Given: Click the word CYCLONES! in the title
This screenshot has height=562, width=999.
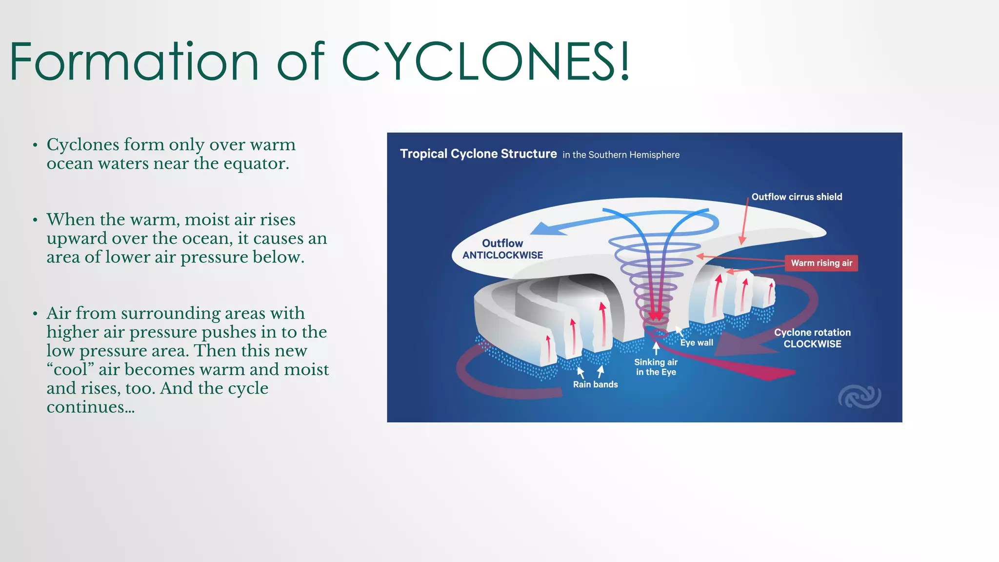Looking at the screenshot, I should pyautogui.click(x=485, y=61).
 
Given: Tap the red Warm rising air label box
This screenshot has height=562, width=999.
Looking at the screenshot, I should pyautogui.click(x=821, y=263).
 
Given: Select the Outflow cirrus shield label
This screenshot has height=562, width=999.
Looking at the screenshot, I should pyautogui.click(x=796, y=197).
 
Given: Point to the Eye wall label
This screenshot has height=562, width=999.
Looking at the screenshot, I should pyautogui.click(x=697, y=342).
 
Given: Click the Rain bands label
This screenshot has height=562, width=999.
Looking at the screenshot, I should pyautogui.click(x=595, y=384).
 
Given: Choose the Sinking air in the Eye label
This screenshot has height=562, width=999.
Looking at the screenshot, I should pyautogui.click(x=656, y=367).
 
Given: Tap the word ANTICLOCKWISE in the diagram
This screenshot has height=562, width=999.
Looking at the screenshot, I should pyautogui.click(x=502, y=255).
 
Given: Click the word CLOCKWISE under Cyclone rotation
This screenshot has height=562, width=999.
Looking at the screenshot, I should pyautogui.click(x=812, y=344).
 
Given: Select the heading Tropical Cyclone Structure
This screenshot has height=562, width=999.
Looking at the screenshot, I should pyautogui.click(x=478, y=154).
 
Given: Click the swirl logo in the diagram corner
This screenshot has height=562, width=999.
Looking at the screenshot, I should pyautogui.click(x=859, y=396).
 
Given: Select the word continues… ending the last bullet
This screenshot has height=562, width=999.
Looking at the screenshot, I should pyautogui.click(x=90, y=406).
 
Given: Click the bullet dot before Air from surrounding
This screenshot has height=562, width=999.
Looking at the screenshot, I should pyautogui.click(x=35, y=314).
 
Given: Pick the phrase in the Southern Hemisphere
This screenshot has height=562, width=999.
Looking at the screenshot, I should pyautogui.click(x=620, y=155).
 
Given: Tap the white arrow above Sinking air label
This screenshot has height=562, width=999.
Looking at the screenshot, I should pyautogui.click(x=656, y=348).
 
